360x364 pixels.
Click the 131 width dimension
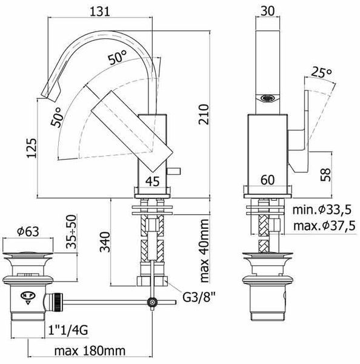[x=100, y=11]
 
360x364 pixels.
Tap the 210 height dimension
[x=204, y=115]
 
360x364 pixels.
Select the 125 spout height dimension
[x=32, y=148]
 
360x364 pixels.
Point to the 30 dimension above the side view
[x=267, y=11]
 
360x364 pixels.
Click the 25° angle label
[x=321, y=72]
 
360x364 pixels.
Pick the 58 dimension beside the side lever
[x=325, y=175]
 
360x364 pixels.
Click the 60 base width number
[x=267, y=180]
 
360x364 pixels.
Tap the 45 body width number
[x=153, y=181]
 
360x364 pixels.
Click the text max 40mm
[x=204, y=251]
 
